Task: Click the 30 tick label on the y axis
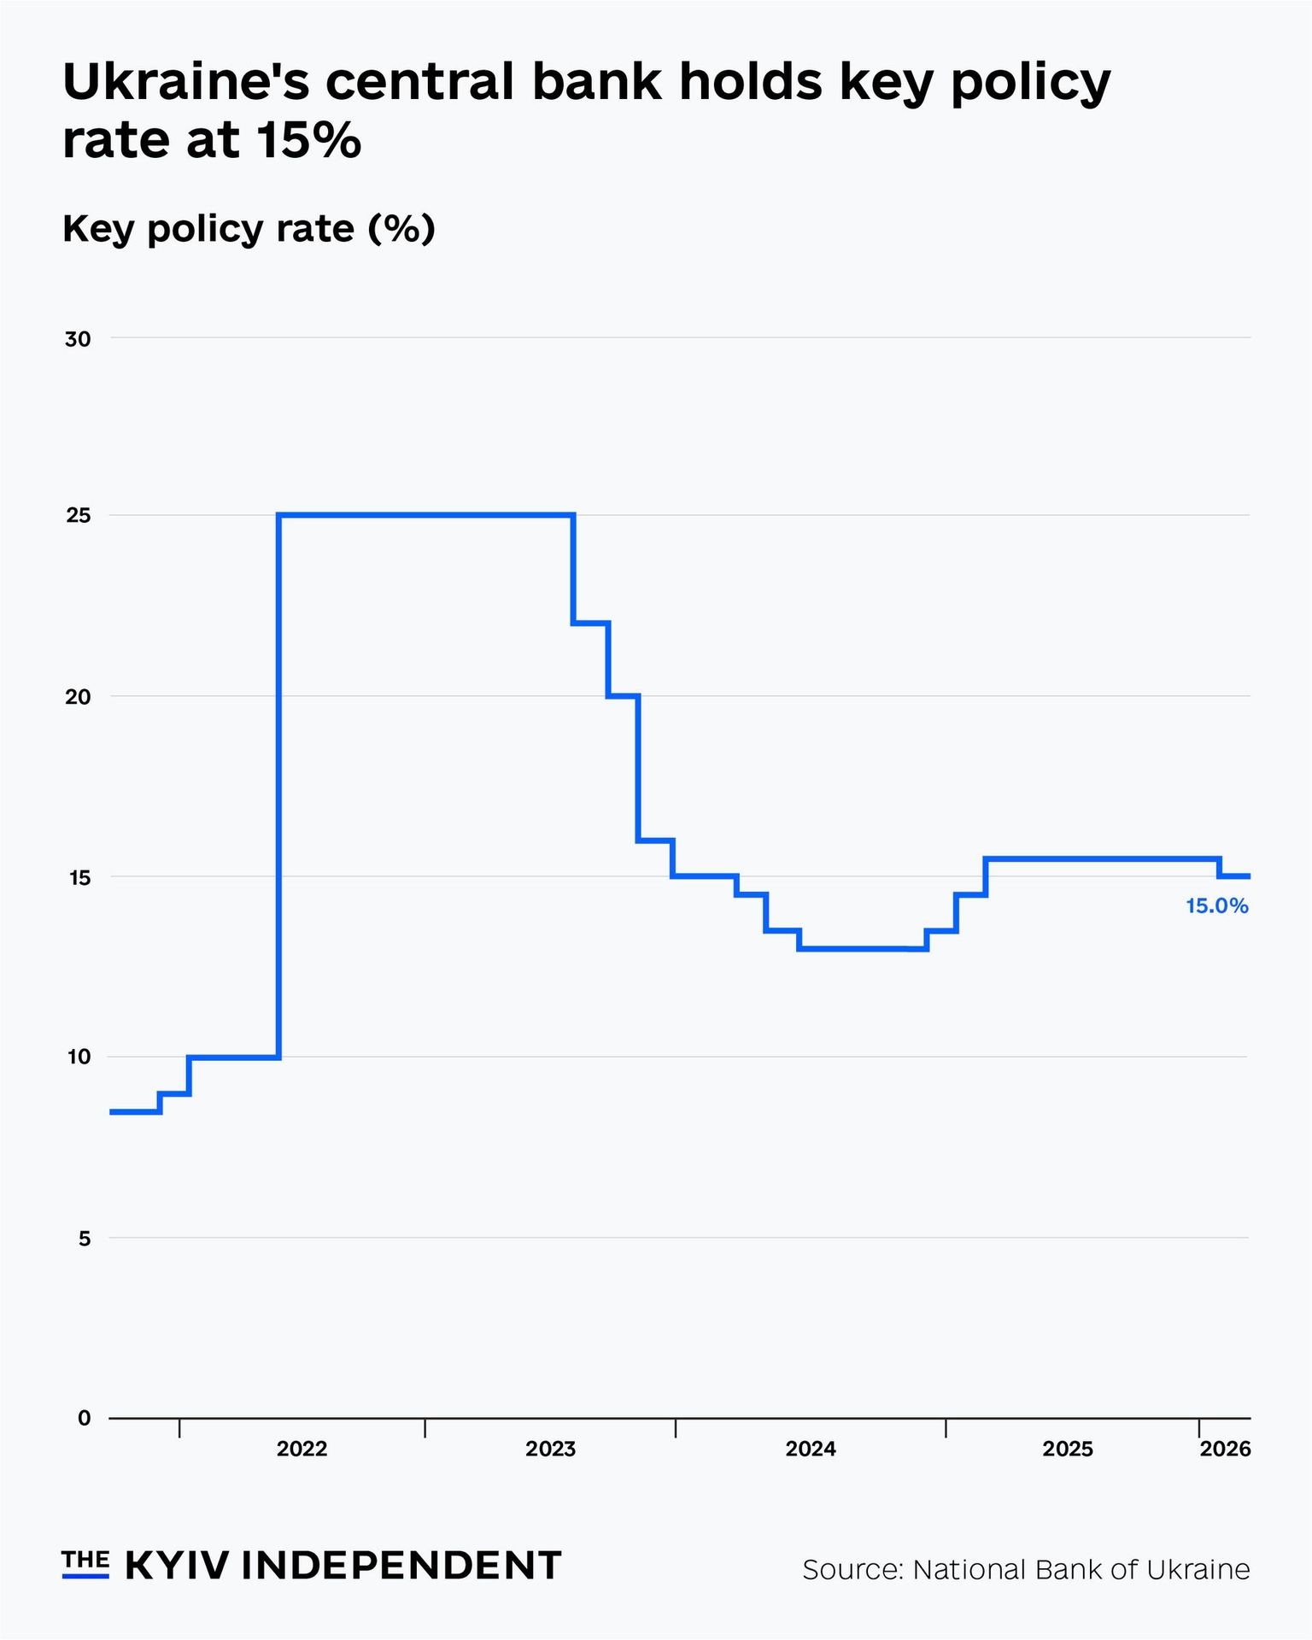click(78, 340)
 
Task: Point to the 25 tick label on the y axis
click(78, 516)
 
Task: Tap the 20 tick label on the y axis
click(78, 697)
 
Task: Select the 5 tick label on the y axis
click(84, 1239)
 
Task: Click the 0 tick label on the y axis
click(84, 1419)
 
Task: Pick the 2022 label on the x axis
click(302, 1450)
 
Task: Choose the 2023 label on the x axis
click(551, 1450)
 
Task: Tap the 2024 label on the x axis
click(811, 1450)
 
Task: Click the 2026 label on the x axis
click(1225, 1450)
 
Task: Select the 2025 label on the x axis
click(1068, 1450)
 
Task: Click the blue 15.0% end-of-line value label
click(1217, 906)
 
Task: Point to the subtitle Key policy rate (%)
click(249, 229)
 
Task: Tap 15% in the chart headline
click(307, 140)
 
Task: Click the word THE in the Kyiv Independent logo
click(85, 1561)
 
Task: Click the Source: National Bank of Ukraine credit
click(1026, 1570)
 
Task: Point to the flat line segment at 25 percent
click(427, 515)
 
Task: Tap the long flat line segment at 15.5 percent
click(1102, 858)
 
